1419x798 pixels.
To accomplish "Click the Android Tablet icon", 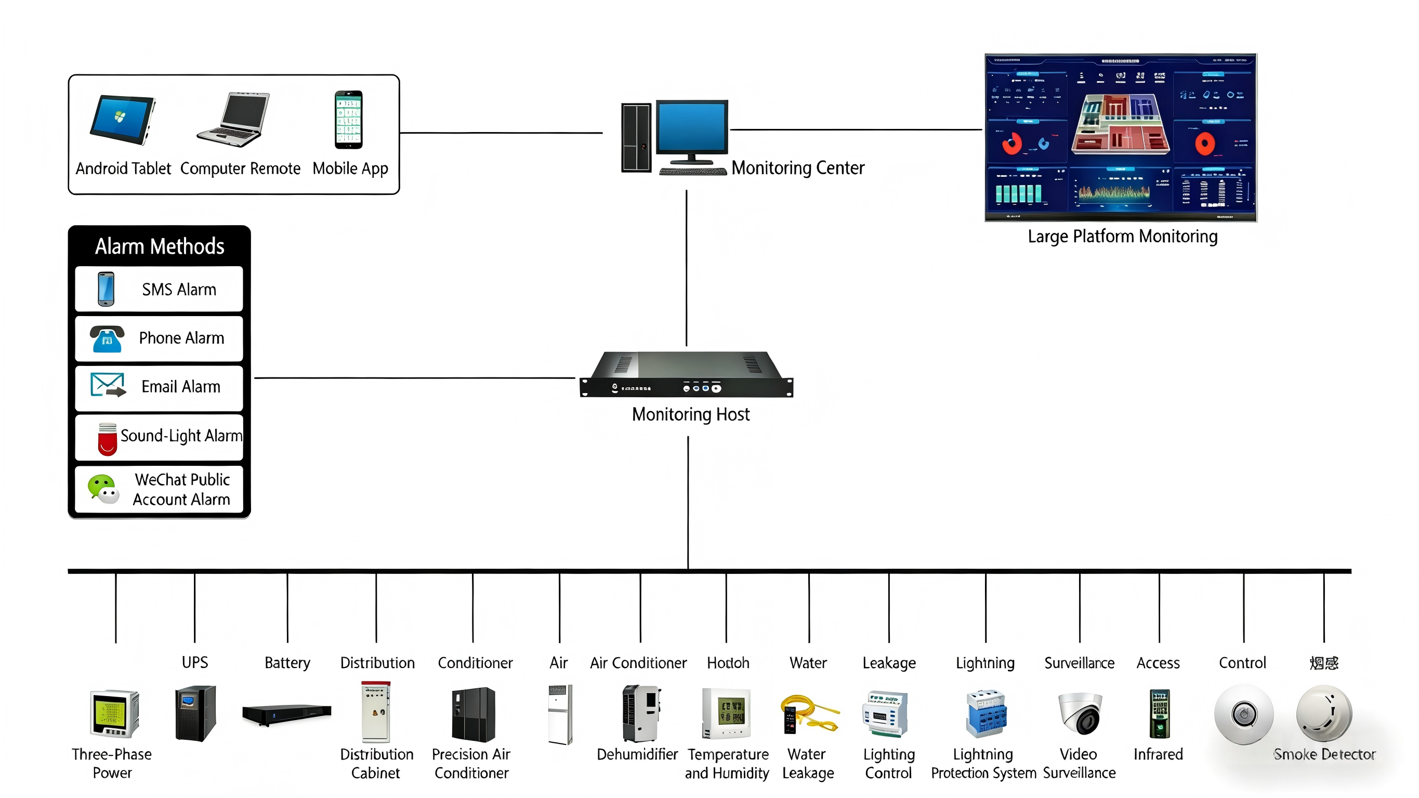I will (122, 119).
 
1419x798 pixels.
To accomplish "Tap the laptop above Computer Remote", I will (236, 120).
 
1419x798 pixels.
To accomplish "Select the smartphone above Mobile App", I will (349, 120).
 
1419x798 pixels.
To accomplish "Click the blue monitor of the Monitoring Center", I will (691, 127).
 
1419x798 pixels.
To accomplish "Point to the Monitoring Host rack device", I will (686, 375).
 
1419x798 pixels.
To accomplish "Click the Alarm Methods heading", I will (159, 246).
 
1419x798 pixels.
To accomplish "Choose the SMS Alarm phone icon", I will (106, 289).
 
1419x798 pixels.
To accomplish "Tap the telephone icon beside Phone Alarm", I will (107, 338).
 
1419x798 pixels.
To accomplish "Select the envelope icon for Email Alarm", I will (108, 385).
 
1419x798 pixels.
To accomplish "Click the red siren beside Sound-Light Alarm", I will (108, 439).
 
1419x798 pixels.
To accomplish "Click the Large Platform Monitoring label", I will (1122, 237).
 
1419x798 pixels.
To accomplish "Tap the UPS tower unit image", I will (195, 713).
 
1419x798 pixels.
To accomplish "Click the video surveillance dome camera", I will (1080, 713).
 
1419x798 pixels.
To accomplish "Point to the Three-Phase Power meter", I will (114, 713).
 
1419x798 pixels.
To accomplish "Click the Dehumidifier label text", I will (637, 754).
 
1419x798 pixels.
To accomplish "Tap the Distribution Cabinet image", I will (376, 712).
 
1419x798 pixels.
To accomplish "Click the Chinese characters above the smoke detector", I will (1324, 663).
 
